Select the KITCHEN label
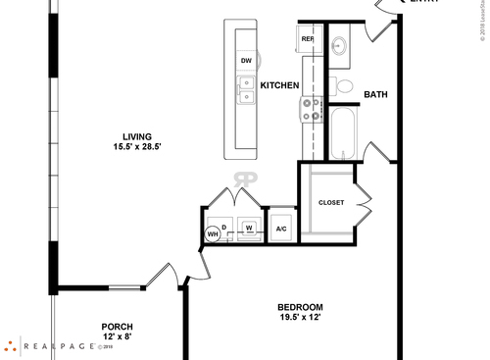tap(279, 86)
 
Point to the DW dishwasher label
tap(246, 61)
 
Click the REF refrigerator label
tap(308, 39)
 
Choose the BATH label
tap(375, 95)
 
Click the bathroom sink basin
tap(339, 44)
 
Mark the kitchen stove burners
tap(312, 109)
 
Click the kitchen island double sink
tap(247, 90)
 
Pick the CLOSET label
tap(331, 203)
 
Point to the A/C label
tap(281, 230)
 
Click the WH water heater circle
tap(212, 234)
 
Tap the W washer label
tap(249, 229)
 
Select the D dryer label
tap(224, 228)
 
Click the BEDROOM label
tap(299, 307)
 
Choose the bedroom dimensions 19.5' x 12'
tap(299, 318)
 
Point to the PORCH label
tap(118, 327)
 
